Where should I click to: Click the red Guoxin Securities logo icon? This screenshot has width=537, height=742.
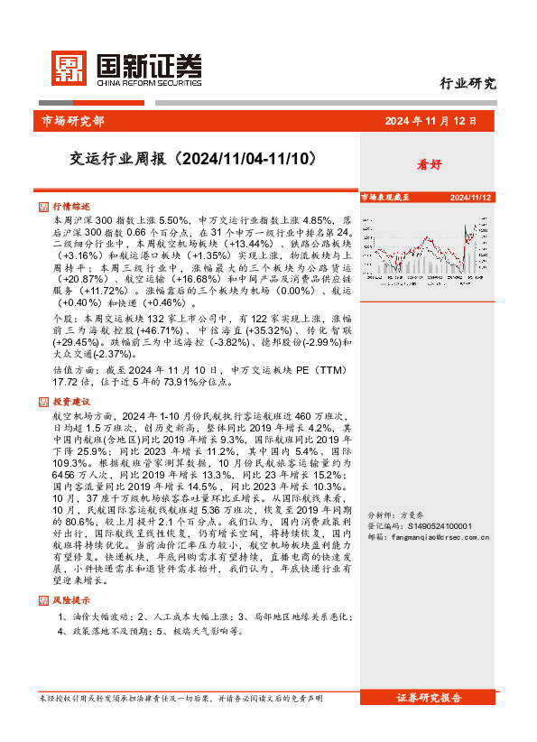[67, 68]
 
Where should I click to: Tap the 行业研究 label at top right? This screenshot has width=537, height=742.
[468, 84]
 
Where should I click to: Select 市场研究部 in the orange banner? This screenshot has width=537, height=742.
[73, 120]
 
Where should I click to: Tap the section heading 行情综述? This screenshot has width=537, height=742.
[70, 207]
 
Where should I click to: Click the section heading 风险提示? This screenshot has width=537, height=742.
[70, 599]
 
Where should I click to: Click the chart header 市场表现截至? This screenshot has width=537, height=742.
[385, 196]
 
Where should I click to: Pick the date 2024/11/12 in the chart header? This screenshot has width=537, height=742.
[469, 197]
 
